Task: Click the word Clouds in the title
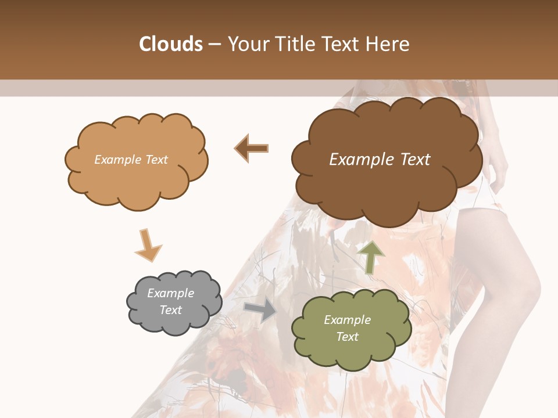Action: (x=171, y=44)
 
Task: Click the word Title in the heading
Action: (x=295, y=44)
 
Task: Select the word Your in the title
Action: (x=247, y=44)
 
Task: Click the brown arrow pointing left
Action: (x=252, y=148)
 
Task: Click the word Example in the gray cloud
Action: (x=170, y=293)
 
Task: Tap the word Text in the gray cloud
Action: (x=170, y=310)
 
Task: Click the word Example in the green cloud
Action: (x=347, y=320)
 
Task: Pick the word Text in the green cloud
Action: (x=347, y=337)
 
